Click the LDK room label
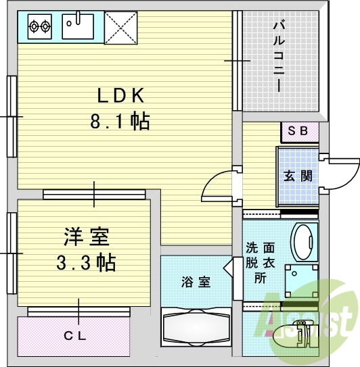point(120,95)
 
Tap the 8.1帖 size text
point(120,121)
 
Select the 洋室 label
point(87,237)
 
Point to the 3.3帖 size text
point(86,262)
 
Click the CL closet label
point(75,337)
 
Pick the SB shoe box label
point(298,131)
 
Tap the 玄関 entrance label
point(298,176)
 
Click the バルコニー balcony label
point(279,56)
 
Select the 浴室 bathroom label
point(196,282)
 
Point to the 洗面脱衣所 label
point(260,263)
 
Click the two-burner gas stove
point(40,26)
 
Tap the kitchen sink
point(78,26)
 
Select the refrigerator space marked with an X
point(120,28)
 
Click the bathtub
point(196,327)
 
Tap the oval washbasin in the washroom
point(304,241)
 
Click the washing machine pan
point(301,281)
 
